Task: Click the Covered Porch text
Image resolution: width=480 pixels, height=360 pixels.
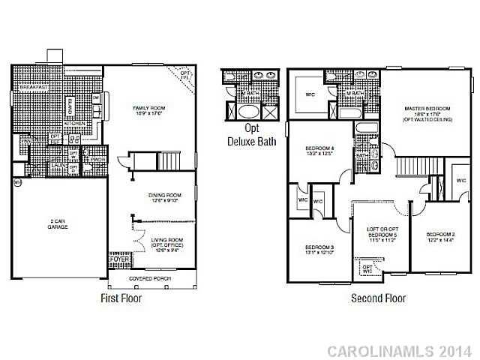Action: tap(150, 278)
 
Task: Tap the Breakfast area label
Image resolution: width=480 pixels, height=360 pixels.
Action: tap(34, 88)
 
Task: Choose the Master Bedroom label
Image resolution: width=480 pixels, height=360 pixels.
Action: tap(426, 112)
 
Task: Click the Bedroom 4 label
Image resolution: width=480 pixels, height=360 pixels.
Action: tap(319, 151)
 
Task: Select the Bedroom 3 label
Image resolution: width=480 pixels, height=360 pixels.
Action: tap(319, 250)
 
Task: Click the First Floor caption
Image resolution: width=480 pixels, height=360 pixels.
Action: tap(121, 298)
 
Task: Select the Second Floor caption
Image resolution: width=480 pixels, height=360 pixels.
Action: tap(379, 298)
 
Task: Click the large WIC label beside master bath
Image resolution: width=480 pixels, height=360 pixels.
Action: tap(309, 95)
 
